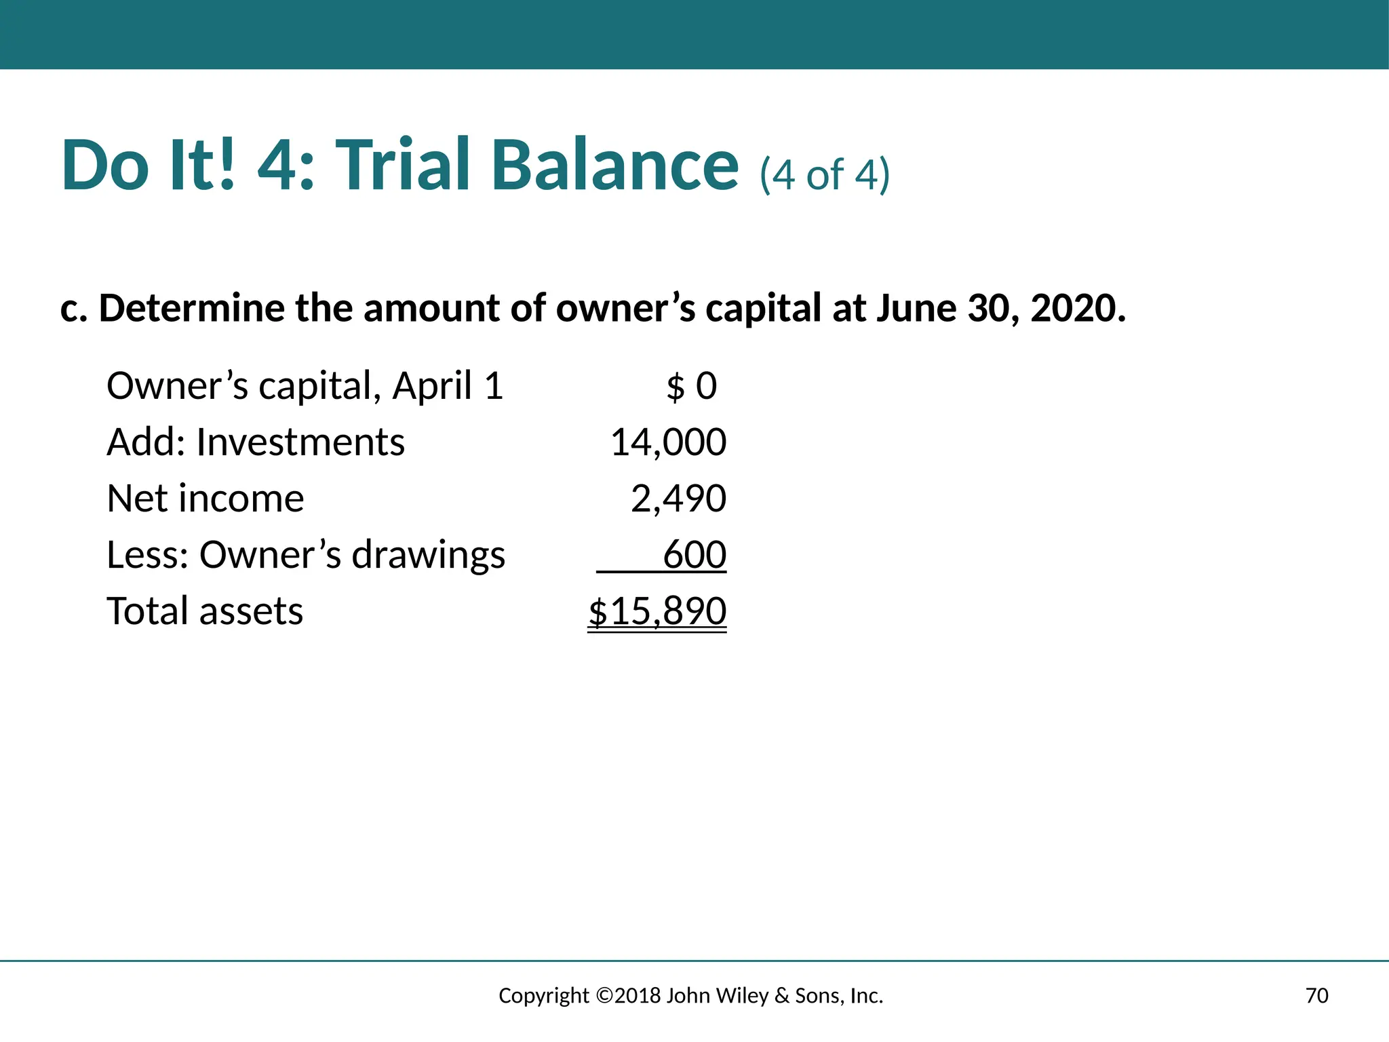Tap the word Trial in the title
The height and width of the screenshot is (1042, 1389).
click(403, 165)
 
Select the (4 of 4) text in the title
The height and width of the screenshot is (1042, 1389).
click(824, 174)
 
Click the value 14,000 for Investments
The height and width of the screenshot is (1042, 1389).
click(668, 442)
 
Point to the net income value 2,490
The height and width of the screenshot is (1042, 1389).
click(678, 499)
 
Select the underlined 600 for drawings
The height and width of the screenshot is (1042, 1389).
click(694, 555)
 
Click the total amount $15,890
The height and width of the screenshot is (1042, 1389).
click(657, 611)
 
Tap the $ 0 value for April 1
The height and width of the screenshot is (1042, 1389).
click(691, 386)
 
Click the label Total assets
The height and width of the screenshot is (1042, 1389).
click(205, 611)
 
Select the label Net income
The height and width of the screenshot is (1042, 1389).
click(206, 499)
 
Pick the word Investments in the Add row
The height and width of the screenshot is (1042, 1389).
click(300, 442)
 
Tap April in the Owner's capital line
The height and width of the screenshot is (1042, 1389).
click(431, 387)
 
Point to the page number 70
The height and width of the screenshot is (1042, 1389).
click(1316, 995)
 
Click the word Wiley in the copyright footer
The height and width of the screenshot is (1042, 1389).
click(743, 995)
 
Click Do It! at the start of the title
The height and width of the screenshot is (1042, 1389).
click(149, 165)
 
